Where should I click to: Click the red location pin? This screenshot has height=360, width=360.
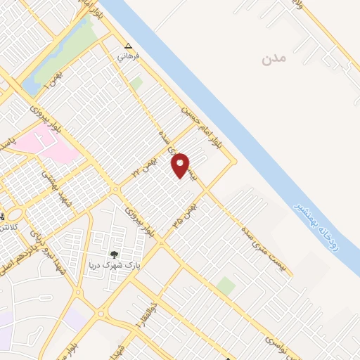pyautogui.click(x=181, y=165)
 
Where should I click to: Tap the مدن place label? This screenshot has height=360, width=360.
pyautogui.click(x=275, y=59)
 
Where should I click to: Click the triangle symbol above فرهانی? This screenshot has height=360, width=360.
pyautogui.click(x=127, y=44)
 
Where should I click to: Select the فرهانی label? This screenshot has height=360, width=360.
pyautogui.click(x=127, y=54)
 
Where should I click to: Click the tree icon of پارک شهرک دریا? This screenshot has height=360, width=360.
pyautogui.click(x=114, y=254)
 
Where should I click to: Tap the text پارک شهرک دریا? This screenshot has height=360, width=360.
pyautogui.click(x=114, y=265)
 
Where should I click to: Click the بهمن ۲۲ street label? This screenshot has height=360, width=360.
pyautogui.click(x=147, y=167)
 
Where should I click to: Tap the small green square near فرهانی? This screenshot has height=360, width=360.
pyautogui.click(x=136, y=83)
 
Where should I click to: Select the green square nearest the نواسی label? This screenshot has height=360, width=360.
pyautogui.click(x=226, y=286)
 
